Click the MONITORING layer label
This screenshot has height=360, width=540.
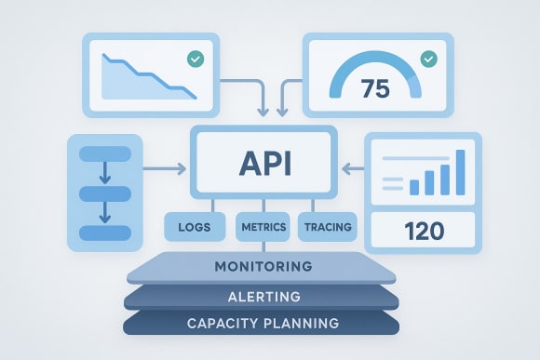click(263, 267)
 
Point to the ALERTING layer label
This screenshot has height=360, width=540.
click(263, 297)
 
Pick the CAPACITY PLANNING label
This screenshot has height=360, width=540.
click(263, 325)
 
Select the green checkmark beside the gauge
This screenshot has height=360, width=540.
click(428, 59)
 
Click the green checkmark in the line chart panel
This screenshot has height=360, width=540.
click(195, 59)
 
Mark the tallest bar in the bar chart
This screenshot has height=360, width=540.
click(458, 171)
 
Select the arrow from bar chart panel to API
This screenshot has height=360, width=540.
click(353, 168)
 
